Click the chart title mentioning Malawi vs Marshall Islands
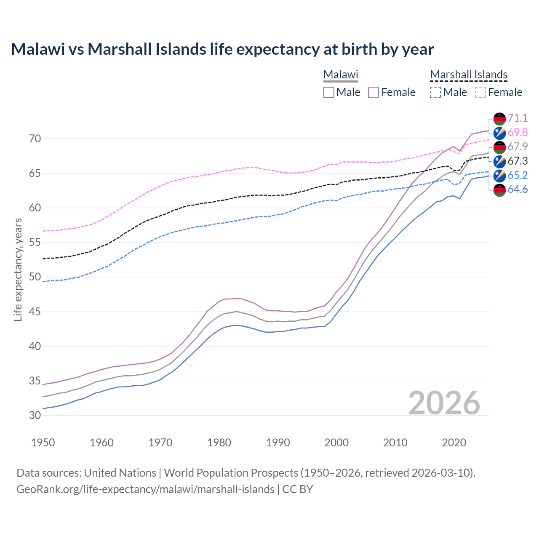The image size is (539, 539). (x=222, y=49)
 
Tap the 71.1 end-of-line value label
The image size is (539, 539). (x=518, y=118)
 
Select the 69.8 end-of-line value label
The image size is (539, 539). (x=518, y=132)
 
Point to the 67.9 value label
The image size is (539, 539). (x=518, y=147)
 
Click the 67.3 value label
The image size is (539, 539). (x=518, y=161)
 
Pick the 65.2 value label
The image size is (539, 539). (x=518, y=175)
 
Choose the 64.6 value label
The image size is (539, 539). (x=518, y=189)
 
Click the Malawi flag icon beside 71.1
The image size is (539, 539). (x=499, y=118)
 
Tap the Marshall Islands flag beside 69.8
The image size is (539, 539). (x=499, y=133)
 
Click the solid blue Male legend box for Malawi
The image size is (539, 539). (x=329, y=92)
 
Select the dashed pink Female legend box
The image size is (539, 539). (x=480, y=92)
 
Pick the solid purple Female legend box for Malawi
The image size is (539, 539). (x=374, y=92)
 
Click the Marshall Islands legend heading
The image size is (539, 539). (x=469, y=75)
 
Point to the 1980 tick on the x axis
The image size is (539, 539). (x=219, y=443)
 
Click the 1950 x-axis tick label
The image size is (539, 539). (x=43, y=443)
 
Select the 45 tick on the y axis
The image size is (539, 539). (x=35, y=312)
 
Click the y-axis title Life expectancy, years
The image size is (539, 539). (x=18, y=269)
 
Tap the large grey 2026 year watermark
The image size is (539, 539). (x=444, y=403)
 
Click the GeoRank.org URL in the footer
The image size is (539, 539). (x=145, y=489)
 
